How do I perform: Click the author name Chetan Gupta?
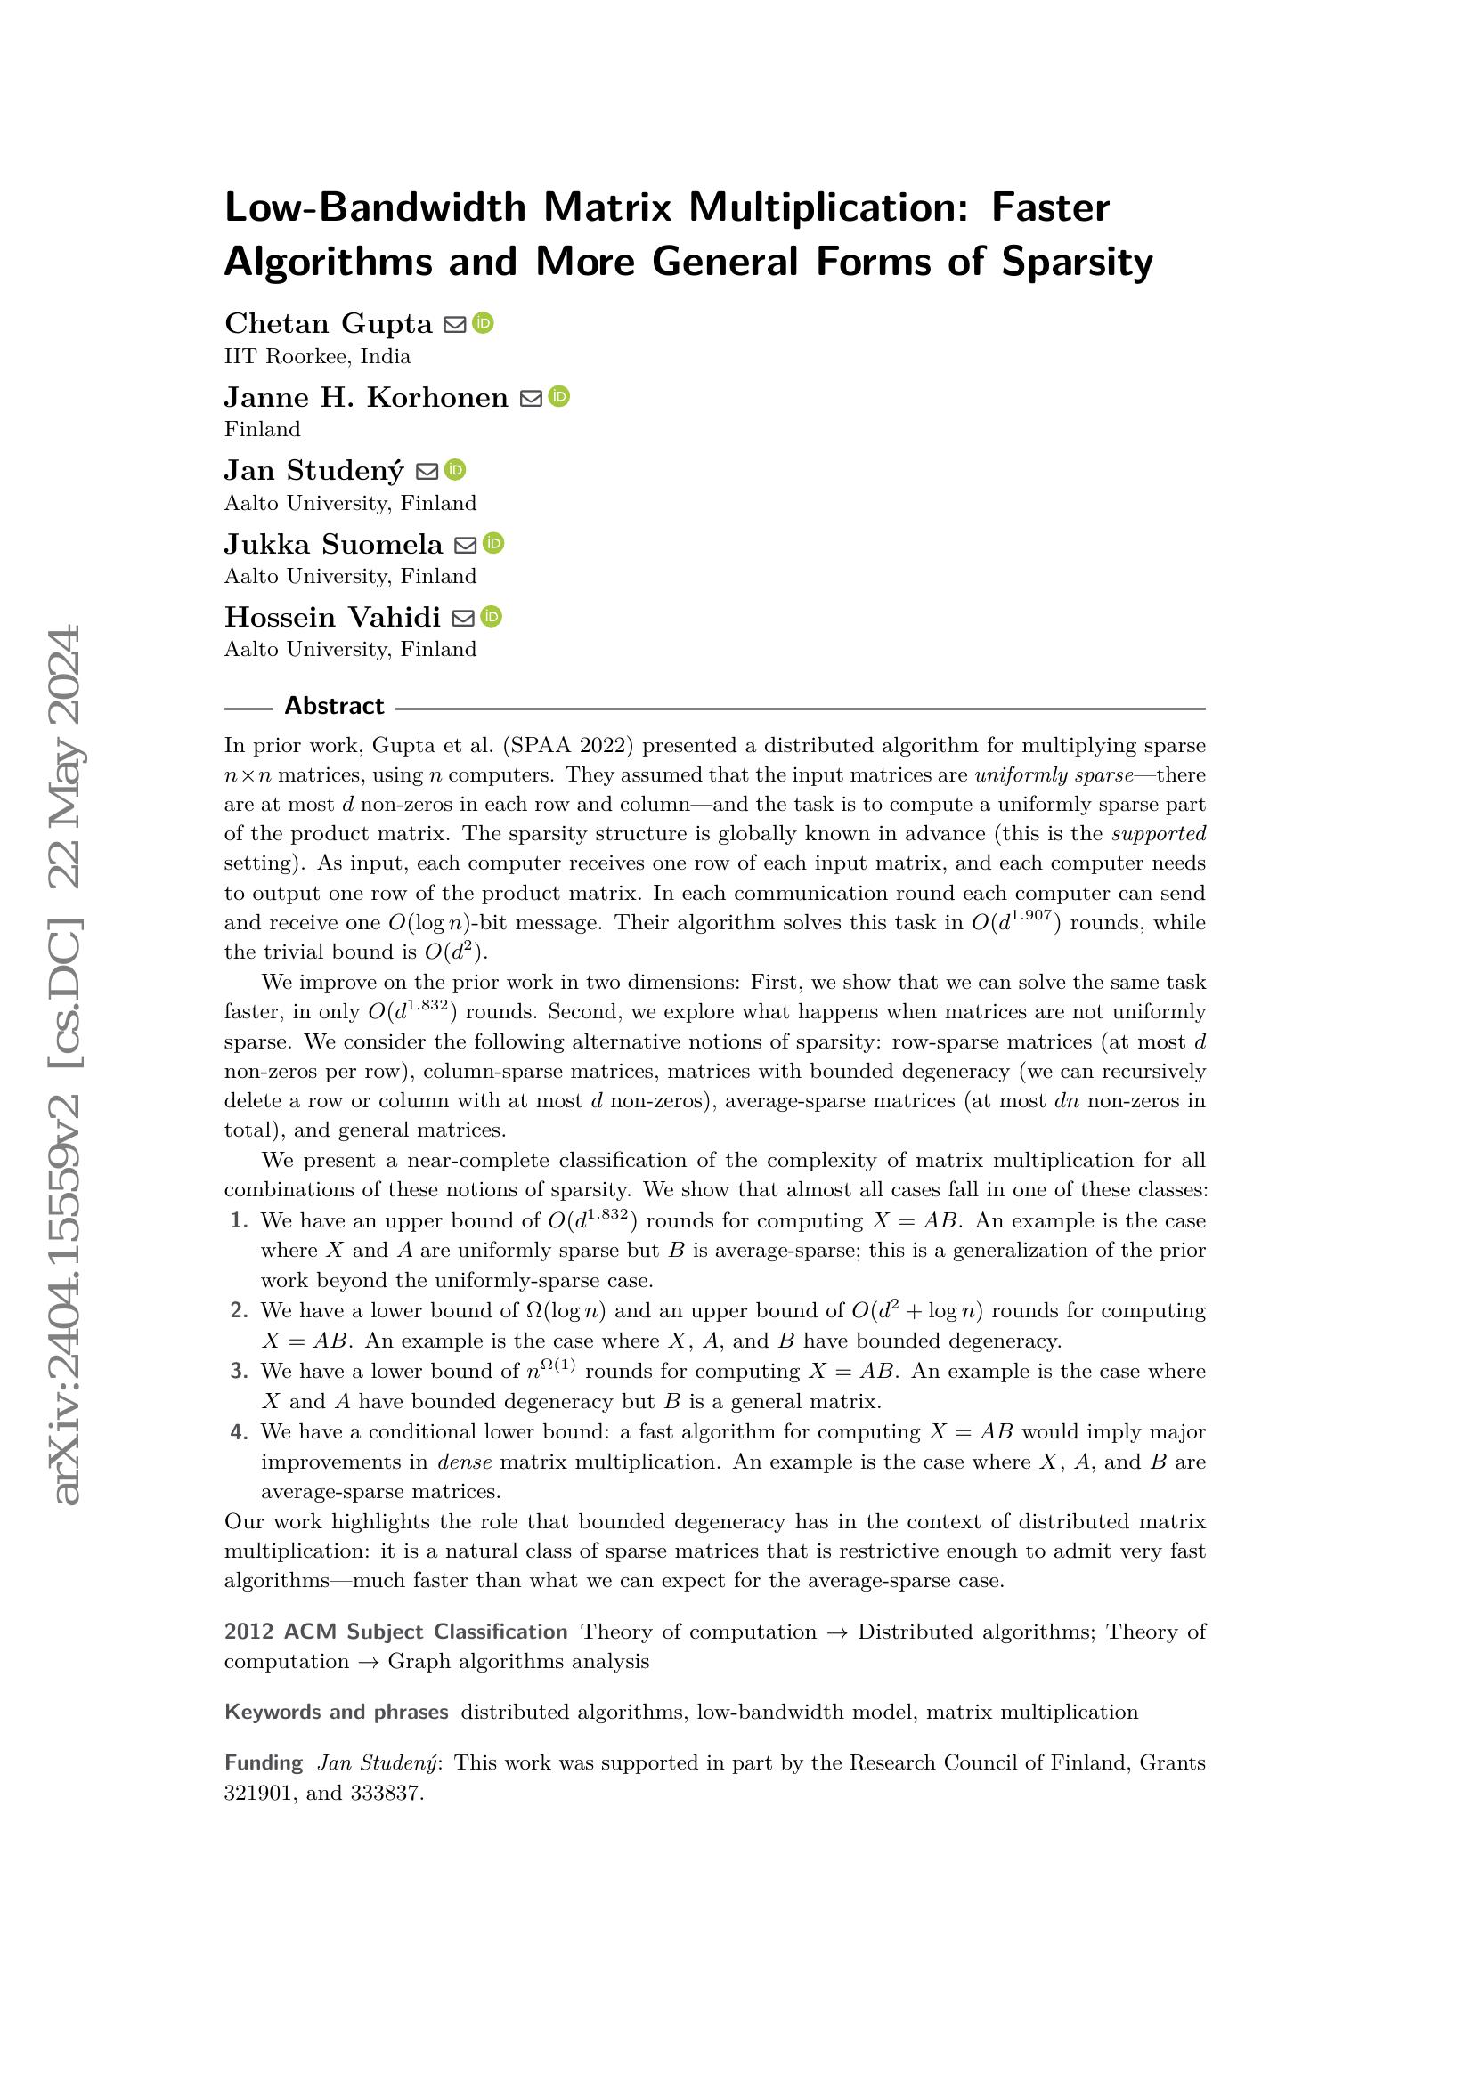329,324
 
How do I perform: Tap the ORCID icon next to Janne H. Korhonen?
558,396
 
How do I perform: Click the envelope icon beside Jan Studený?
427,471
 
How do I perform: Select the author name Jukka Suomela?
333,544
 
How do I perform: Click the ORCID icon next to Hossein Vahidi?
491,617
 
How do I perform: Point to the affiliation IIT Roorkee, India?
317,356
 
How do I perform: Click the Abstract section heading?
334,706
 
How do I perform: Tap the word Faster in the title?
1049,207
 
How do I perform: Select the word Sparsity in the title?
1077,262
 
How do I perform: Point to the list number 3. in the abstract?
240,1372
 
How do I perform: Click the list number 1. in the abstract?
240,1221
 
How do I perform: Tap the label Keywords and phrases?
336,1712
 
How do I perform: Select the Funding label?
263,1762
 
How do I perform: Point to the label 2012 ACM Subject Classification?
395,1632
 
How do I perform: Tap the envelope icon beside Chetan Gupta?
454,324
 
